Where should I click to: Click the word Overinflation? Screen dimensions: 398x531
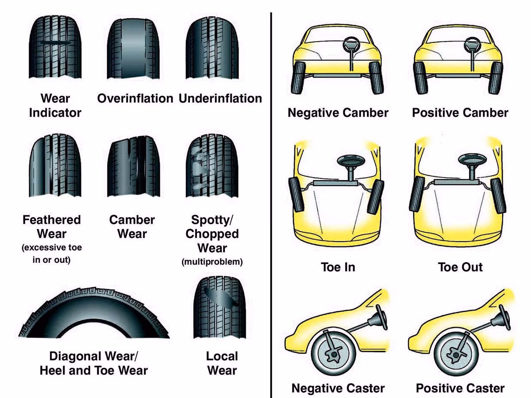(135, 98)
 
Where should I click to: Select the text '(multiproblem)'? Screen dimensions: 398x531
(212, 262)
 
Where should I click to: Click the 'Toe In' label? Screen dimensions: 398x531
(338, 267)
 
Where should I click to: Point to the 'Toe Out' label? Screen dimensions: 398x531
(460, 267)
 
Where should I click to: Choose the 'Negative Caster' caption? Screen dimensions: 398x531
(338, 388)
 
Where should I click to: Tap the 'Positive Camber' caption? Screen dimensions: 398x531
(460, 112)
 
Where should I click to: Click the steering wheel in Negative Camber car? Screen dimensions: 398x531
(352, 45)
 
